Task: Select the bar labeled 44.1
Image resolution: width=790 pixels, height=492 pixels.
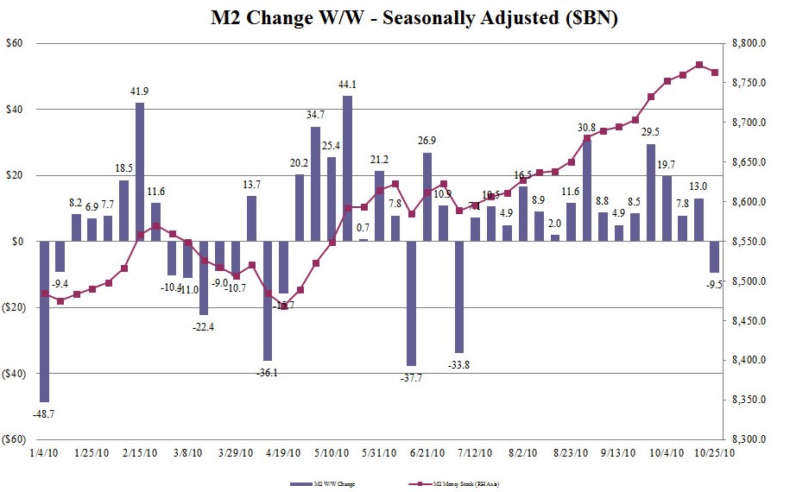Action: (347, 168)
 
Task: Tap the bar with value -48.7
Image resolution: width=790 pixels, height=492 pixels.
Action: (44, 321)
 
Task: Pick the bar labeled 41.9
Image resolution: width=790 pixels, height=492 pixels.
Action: (140, 172)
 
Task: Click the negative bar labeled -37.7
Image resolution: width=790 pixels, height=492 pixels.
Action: (411, 303)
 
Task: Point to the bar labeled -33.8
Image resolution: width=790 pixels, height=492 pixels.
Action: (459, 297)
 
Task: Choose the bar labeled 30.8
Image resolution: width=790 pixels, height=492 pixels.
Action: (587, 190)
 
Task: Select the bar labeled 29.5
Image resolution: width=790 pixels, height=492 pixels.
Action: (651, 192)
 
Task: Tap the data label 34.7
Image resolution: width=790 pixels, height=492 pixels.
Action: (315, 115)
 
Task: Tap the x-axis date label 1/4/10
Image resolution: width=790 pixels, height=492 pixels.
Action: (44, 451)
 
